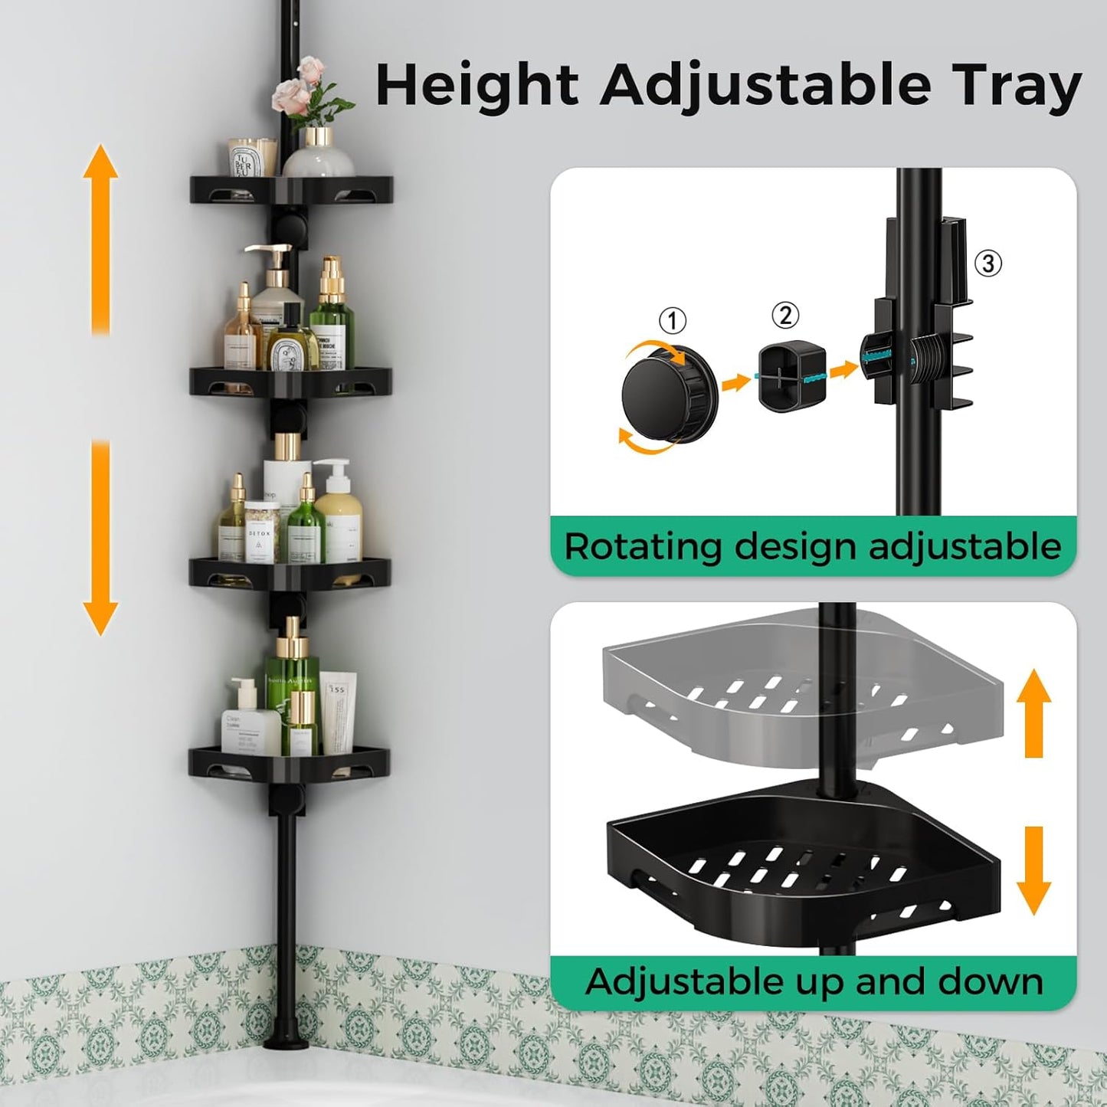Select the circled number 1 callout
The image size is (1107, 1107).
673,320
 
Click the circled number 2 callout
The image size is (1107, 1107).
784,315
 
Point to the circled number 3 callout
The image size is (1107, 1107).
988,264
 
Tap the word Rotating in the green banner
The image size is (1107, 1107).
643,547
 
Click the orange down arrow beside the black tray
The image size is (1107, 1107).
1033,870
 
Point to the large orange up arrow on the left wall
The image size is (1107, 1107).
100,237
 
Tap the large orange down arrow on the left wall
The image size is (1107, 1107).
100,536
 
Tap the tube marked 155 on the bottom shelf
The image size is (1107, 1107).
337,712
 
